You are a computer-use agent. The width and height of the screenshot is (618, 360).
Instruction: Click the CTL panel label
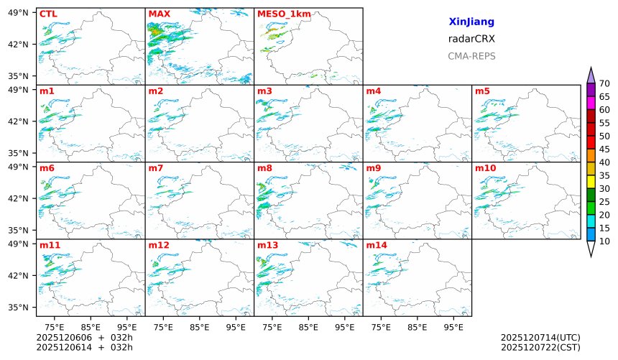point(48,14)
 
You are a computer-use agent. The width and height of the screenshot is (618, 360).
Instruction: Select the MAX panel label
point(159,14)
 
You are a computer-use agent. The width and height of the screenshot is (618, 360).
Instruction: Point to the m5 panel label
point(482,91)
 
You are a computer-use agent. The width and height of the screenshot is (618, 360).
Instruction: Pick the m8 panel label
point(264,168)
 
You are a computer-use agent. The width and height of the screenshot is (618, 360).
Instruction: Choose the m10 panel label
point(485,168)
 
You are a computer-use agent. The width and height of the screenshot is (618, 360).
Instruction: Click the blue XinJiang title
point(471,22)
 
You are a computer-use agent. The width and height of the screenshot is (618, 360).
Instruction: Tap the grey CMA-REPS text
point(471,56)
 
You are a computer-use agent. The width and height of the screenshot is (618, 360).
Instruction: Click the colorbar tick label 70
point(604,84)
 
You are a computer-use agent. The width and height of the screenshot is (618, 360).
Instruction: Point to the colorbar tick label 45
point(604,149)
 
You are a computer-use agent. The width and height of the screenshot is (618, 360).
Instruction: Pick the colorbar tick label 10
point(604,241)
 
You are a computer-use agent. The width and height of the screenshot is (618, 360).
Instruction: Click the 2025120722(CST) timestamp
point(540,348)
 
